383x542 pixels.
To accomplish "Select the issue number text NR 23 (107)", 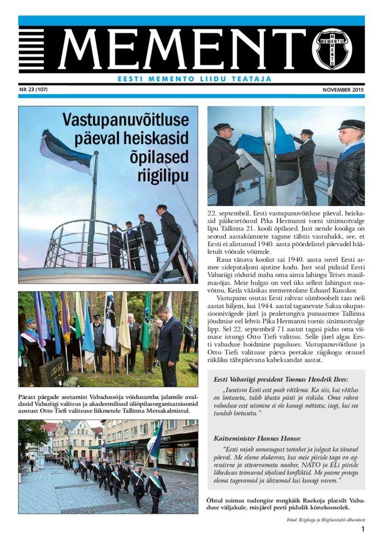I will tap(34, 89).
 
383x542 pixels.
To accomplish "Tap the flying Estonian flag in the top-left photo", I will tap(66, 151).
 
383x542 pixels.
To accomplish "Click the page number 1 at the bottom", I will tap(363, 529).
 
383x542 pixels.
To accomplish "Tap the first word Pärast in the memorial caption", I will tap(29, 396).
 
